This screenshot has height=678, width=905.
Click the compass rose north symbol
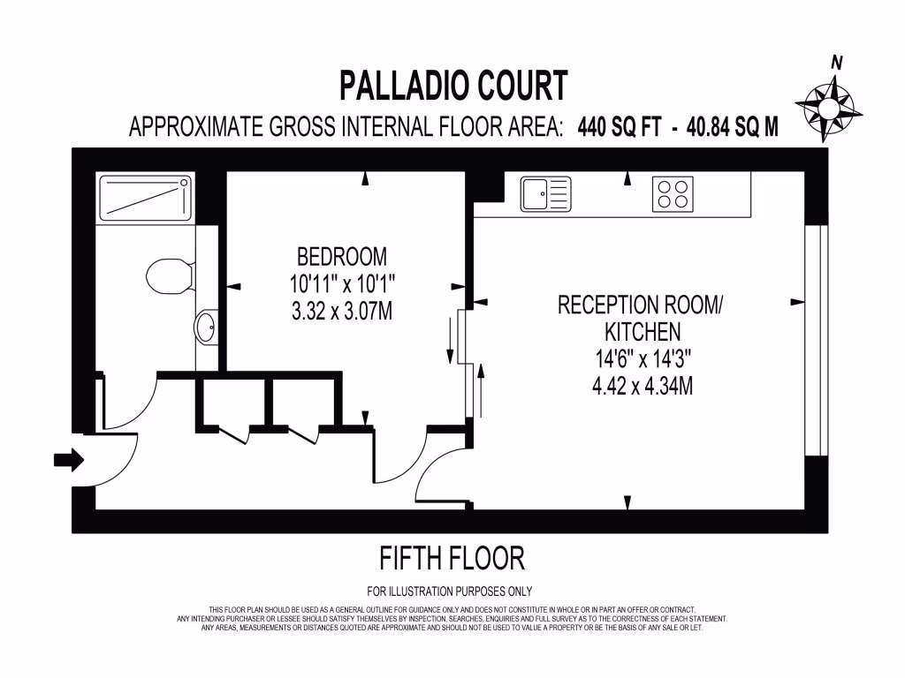click(x=829, y=109)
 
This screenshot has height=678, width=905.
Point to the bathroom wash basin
click(x=206, y=327)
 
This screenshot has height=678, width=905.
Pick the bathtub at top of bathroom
click(x=145, y=198)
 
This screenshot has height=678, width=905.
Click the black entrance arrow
click(x=68, y=459)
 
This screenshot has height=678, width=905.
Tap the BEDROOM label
click(x=341, y=258)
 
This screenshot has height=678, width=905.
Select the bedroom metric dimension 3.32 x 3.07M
click(x=341, y=311)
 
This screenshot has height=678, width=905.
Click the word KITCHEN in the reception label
click(x=642, y=332)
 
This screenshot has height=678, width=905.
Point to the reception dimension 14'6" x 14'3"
click(x=642, y=359)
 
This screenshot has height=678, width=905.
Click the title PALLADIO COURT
click(x=453, y=87)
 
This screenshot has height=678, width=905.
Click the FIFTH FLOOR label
click(x=452, y=558)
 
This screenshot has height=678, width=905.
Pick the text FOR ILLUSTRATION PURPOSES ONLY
click(x=450, y=591)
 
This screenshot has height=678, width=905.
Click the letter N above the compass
click(x=835, y=62)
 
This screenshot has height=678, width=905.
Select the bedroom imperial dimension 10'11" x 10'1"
click(x=341, y=284)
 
